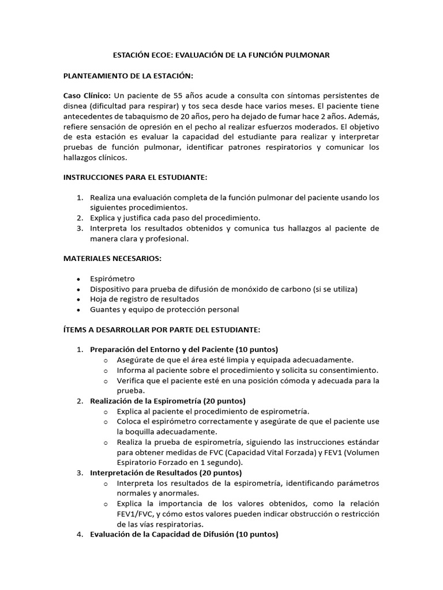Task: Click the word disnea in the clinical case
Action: (76, 105)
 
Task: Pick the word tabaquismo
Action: (144, 116)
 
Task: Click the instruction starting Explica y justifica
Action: (175, 218)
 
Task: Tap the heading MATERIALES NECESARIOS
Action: (112, 259)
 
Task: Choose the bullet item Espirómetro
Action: (112, 279)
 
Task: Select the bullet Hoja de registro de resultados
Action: (144, 299)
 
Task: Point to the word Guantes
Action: (105, 309)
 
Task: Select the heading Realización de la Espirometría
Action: (168, 401)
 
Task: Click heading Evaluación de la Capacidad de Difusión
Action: (184, 534)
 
